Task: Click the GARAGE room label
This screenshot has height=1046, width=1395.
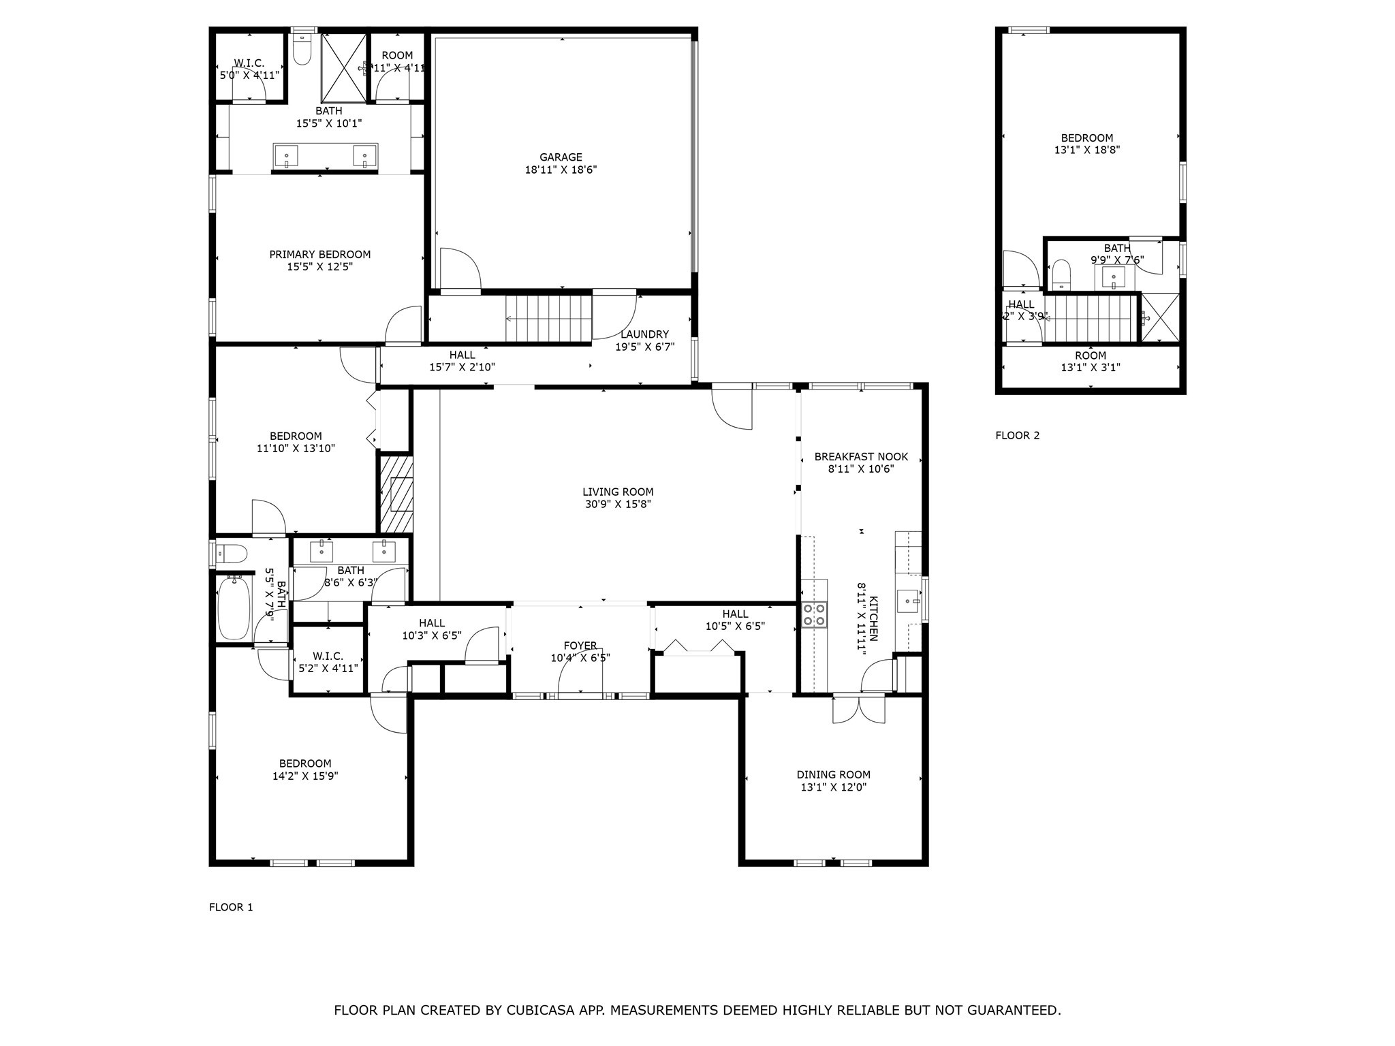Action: click(561, 157)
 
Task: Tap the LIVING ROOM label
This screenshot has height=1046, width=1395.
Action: click(618, 492)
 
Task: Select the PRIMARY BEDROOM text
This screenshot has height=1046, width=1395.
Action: click(319, 255)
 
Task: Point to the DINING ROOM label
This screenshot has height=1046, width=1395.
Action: click(833, 774)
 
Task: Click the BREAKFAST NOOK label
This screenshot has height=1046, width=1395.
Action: click(861, 456)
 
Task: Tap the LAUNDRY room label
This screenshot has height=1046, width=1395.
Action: click(644, 334)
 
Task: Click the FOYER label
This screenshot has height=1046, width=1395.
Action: click(580, 646)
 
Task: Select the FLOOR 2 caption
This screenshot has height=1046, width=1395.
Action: click(1017, 436)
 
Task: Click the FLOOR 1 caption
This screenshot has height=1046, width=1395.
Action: click(230, 907)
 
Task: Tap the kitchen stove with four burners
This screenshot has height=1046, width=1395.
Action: click(814, 614)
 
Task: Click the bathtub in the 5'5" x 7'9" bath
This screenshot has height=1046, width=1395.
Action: click(234, 607)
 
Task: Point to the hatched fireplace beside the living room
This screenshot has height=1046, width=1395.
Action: click(396, 494)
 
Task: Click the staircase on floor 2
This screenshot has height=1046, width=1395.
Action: click(1091, 319)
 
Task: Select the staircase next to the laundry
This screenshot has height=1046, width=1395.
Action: click(548, 319)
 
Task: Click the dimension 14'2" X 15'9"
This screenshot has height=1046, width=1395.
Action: click(304, 776)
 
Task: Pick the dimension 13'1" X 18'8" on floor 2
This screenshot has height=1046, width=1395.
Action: click(1086, 150)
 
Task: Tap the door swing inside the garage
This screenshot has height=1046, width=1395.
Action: click(459, 268)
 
